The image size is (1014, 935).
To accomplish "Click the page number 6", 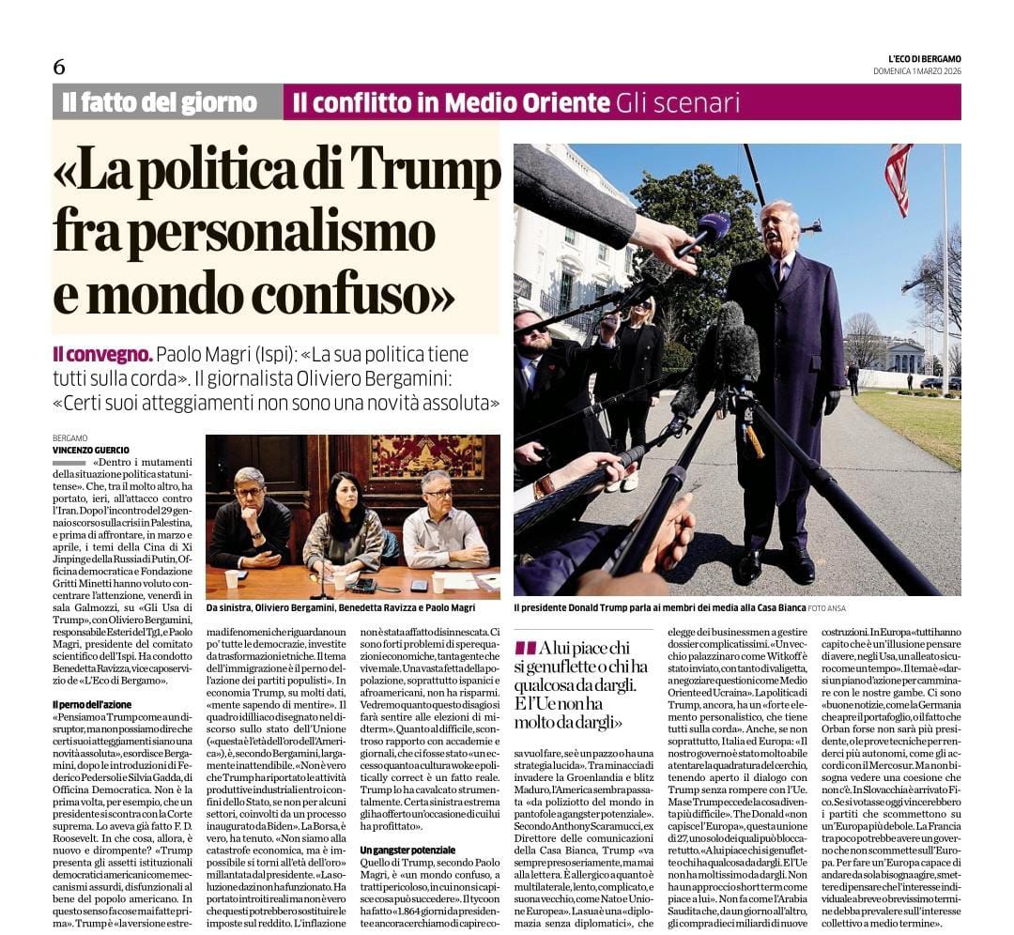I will pos(59,66).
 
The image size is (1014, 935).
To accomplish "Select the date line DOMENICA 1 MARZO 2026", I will pos(916,71).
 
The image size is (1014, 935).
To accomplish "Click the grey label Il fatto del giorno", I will pos(160,102).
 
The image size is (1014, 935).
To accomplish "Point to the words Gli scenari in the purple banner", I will pos(678,102).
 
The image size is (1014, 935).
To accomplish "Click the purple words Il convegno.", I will pos(102,356).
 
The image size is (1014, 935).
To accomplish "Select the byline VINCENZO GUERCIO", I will pos(90,449).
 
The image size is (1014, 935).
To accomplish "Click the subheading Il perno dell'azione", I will pos(92,704).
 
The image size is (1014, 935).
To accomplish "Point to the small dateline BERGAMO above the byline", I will pos(70,437).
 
